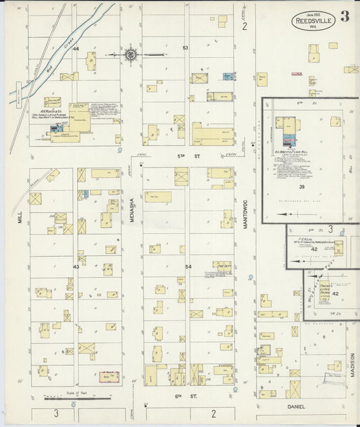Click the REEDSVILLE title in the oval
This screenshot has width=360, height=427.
312,22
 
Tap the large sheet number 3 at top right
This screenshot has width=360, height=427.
344,16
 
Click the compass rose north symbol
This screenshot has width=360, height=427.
131,54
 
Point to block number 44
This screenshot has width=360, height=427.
76,49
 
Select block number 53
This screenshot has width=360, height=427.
186,48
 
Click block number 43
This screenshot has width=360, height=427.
76,267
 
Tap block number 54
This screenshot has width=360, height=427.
188,267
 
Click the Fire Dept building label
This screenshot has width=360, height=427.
222,266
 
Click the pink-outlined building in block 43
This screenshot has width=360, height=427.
109,376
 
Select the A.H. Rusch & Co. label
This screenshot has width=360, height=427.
52,111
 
